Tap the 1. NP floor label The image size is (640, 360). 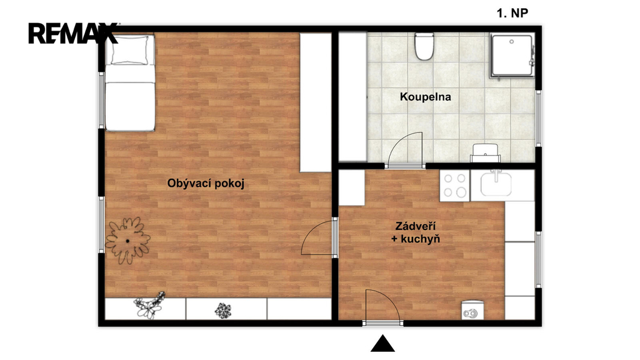512,13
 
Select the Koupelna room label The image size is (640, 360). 425,97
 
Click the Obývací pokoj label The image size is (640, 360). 206,183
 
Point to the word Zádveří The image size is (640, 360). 416,226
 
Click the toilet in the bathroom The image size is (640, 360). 424,46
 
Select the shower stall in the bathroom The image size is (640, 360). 512,56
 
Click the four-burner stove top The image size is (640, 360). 455,186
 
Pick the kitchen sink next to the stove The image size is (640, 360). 496,184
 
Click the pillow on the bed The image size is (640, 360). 130,50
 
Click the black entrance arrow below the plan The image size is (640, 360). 382,343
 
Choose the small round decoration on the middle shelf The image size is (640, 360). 222,311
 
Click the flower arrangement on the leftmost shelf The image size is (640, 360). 149,305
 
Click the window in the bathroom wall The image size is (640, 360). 538,119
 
